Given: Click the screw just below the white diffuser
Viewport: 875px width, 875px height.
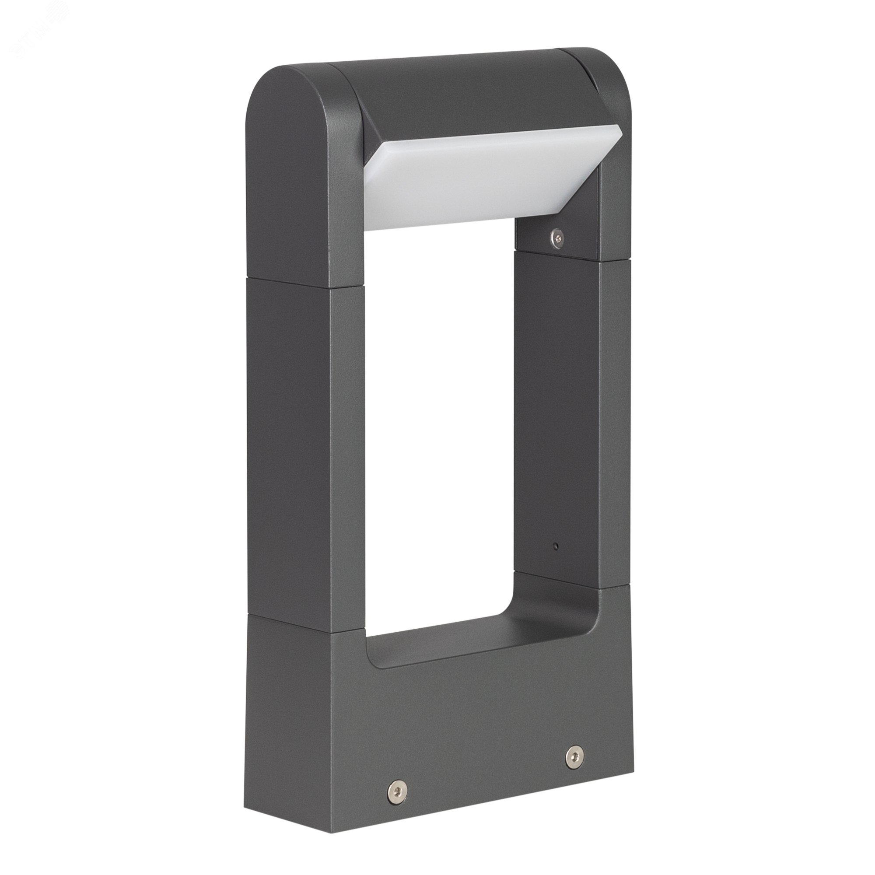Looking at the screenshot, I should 557,234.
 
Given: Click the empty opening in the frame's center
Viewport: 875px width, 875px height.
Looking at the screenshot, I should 439,408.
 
